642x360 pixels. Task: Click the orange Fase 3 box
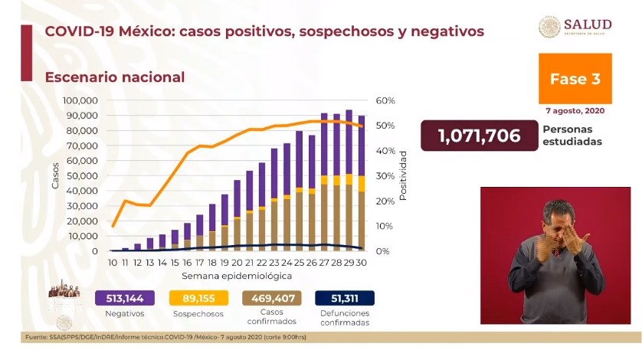click(x=575, y=78)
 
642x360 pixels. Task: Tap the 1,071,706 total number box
click(x=478, y=136)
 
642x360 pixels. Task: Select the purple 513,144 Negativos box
click(x=124, y=298)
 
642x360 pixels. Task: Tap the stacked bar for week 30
click(x=361, y=184)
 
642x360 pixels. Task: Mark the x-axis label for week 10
click(x=113, y=262)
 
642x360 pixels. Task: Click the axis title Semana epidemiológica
click(x=237, y=274)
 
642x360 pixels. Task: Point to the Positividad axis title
click(x=403, y=175)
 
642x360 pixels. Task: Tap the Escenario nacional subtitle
click(x=114, y=77)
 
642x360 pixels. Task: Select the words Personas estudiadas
click(x=572, y=136)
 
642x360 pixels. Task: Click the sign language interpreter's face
click(x=558, y=219)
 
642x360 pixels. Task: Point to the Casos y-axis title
click(x=55, y=176)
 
